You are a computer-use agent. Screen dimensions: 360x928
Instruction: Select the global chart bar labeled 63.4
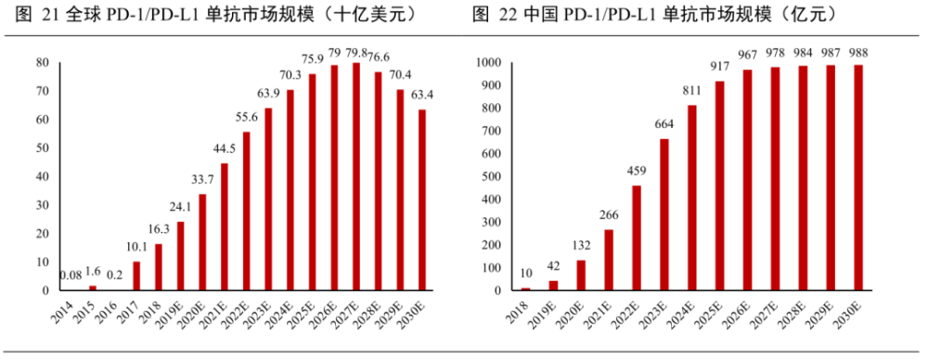[x=423, y=199]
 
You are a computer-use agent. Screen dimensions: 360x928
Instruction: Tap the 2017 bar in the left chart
[x=136, y=276]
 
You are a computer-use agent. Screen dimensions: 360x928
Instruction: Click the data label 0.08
[x=70, y=276]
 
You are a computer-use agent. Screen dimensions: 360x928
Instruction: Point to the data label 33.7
[x=202, y=182]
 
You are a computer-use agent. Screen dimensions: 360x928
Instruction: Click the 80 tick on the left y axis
[x=42, y=62]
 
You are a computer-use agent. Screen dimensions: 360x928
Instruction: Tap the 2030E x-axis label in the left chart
[x=419, y=315]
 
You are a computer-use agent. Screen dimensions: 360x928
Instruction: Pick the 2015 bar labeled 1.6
[x=92, y=288]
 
